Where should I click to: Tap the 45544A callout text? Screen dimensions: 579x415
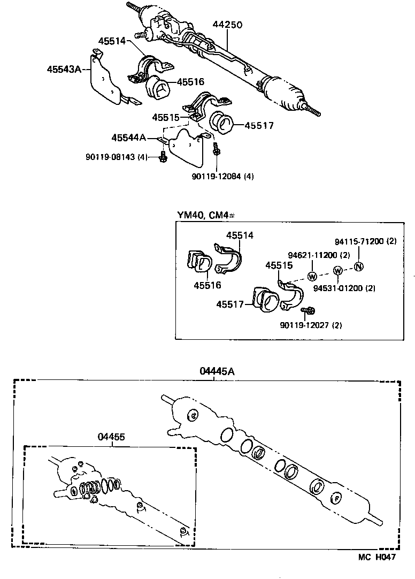(129, 138)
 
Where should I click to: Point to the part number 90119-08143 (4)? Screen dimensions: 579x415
(116, 157)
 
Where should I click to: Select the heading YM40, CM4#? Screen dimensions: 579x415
(206, 215)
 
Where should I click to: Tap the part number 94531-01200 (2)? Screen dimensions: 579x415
(344, 288)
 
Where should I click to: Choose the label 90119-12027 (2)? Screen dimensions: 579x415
(311, 325)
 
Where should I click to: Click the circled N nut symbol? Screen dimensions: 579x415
(359, 266)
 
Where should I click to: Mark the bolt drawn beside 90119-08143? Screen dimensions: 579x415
(163, 157)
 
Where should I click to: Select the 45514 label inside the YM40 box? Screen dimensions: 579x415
(239, 235)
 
